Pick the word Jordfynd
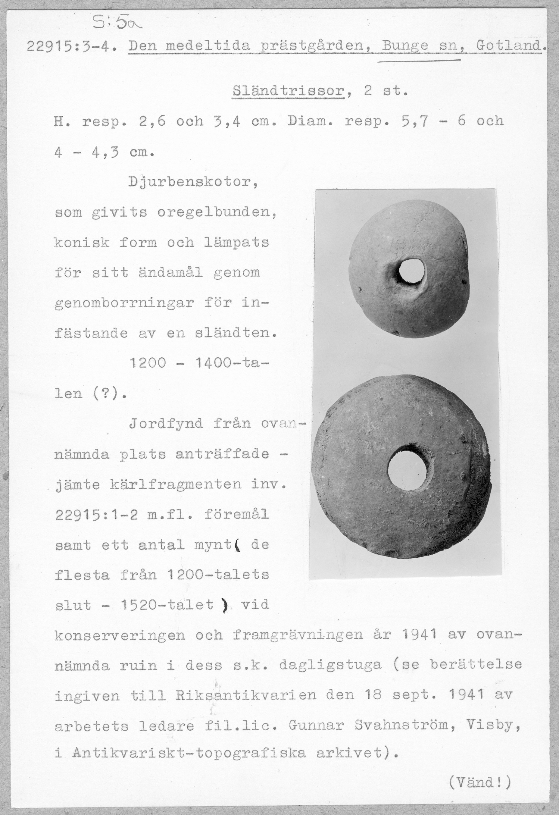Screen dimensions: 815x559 [166, 424]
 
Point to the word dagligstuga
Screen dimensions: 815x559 [330, 665]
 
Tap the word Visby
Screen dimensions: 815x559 [492, 725]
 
